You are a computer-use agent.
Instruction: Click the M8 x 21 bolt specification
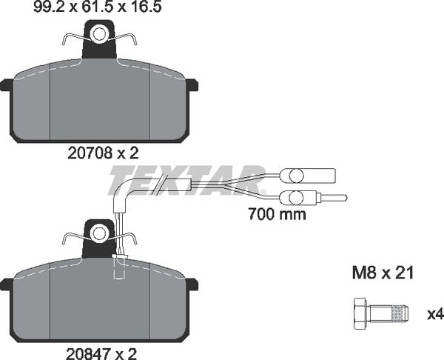tap(380, 273)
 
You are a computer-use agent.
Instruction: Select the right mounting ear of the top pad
tap(193, 85)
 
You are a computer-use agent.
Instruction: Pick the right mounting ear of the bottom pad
tap(193, 284)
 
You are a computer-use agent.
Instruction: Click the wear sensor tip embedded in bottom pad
tap(116, 265)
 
